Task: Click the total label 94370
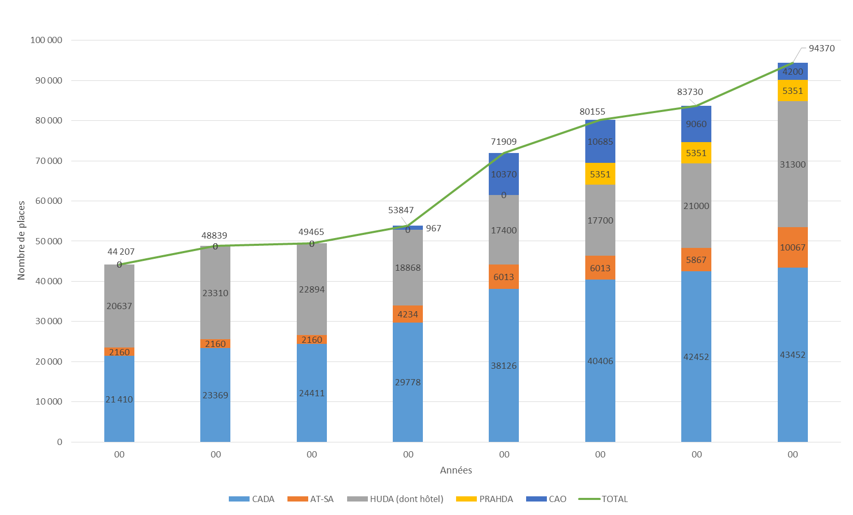[x=821, y=48]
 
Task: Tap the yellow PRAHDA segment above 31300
[x=792, y=91]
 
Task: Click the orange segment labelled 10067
[x=792, y=247]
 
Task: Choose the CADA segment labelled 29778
[x=407, y=382]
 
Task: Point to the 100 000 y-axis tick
[x=46, y=40]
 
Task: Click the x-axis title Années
[x=456, y=470]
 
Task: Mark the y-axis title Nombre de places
[x=21, y=241]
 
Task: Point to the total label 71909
[x=503, y=142]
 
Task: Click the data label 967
[x=433, y=228]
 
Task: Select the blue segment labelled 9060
[x=696, y=124]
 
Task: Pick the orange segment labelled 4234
[x=407, y=314]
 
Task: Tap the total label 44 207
[x=121, y=252]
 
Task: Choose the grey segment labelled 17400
[x=503, y=230]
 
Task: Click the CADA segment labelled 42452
[x=696, y=357]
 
